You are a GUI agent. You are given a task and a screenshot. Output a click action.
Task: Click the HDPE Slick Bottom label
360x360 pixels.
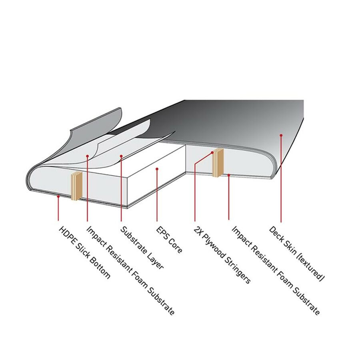[x=85, y=252]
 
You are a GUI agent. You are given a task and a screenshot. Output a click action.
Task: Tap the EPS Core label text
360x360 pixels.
[x=169, y=240]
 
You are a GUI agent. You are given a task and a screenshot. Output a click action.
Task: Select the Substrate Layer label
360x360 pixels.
[x=142, y=248]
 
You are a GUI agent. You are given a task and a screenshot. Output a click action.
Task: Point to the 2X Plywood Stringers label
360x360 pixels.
[x=222, y=255]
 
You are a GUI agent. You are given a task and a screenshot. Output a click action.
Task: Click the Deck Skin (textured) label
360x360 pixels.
[x=297, y=254]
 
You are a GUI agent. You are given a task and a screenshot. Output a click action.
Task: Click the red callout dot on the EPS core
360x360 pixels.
[x=157, y=169]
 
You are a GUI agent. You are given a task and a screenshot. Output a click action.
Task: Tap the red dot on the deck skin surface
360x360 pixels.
[x=281, y=135]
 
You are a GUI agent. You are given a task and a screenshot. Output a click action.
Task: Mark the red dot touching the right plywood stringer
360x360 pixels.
[x=212, y=152]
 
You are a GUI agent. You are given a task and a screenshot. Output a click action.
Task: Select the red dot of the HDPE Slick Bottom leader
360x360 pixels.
[x=58, y=196]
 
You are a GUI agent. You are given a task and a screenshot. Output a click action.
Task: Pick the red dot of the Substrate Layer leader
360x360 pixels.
[x=121, y=156]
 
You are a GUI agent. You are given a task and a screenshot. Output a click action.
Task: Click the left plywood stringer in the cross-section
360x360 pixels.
[x=76, y=186]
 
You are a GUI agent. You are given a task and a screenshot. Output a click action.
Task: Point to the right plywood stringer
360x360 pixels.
[x=218, y=162]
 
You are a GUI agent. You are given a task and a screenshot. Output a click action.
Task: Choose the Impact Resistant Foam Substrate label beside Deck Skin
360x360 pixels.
[x=276, y=271]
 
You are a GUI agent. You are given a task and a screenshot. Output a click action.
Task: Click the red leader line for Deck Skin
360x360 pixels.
[x=281, y=179]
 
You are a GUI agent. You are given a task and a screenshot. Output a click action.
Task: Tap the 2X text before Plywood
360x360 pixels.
[x=198, y=230]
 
